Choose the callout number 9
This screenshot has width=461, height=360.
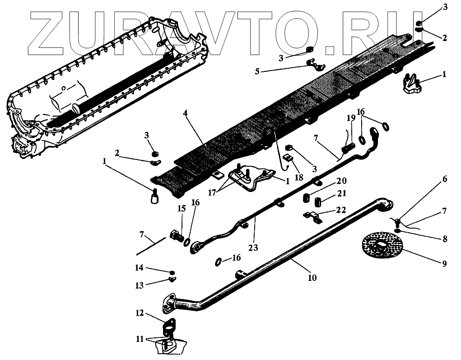[x=444, y=263]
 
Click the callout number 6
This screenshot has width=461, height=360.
[x=444, y=179]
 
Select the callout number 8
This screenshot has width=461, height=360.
[x=444, y=239]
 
